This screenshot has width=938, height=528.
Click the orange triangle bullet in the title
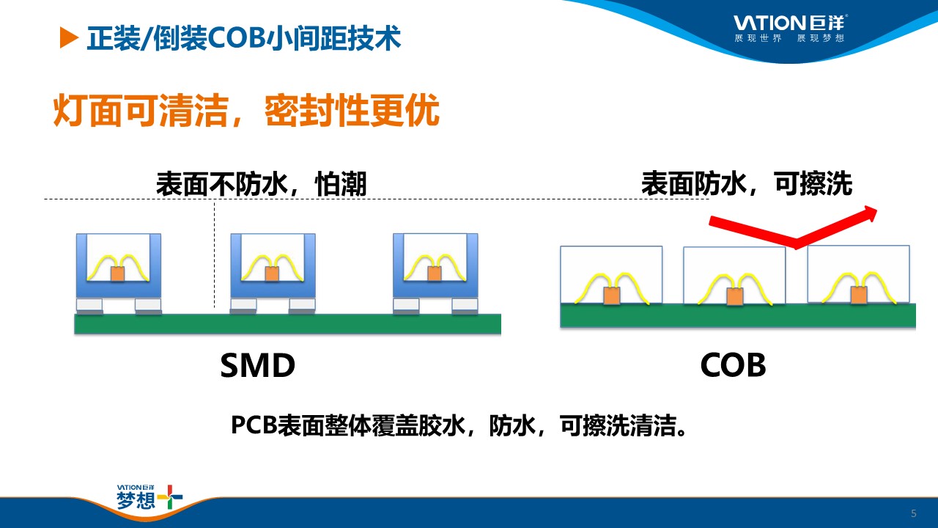[x=68, y=37]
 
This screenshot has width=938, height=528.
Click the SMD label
[x=257, y=365]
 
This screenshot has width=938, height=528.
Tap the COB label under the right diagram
[x=733, y=365]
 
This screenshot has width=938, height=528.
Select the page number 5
[x=914, y=513]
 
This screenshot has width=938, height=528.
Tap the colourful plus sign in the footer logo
[x=170, y=497]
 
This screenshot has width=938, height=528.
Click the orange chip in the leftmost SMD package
[x=118, y=274]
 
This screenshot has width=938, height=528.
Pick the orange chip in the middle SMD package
[x=272, y=274]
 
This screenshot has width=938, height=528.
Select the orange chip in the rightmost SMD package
[x=435, y=274]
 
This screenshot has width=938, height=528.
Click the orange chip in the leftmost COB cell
[x=611, y=296]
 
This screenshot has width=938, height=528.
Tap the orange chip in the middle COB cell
[x=735, y=296]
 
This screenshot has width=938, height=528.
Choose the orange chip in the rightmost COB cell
[x=859, y=295]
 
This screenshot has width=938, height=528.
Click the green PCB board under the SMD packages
[x=288, y=324]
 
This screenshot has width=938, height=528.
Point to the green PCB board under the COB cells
[x=738, y=315]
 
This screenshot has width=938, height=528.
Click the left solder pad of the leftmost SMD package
[x=89, y=306]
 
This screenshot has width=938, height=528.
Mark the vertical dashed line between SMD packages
[x=215, y=254]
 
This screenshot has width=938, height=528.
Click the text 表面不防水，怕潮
[x=262, y=183]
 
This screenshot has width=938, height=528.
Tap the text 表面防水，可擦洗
[x=747, y=183]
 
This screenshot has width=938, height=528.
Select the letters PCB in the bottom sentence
[x=254, y=425]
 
